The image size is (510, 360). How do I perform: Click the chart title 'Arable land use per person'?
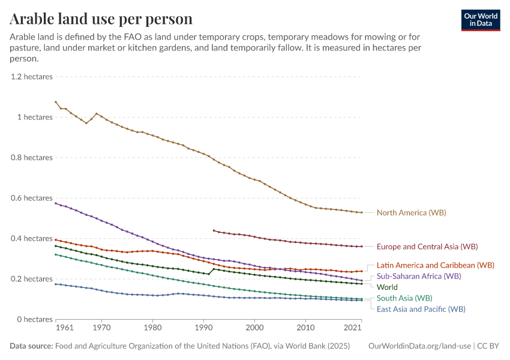(x=101, y=19)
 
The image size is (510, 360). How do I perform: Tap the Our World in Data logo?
(x=480, y=20)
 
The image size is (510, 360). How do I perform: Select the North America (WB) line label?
(x=411, y=212)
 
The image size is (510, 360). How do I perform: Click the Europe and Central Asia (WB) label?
(x=427, y=247)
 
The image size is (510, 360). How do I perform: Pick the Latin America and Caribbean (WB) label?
(x=435, y=265)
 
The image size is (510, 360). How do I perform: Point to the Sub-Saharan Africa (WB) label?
(x=418, y=276)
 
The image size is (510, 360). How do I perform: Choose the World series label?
(x=387, y=287)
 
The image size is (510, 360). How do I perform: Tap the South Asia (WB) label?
(x=404, y=298)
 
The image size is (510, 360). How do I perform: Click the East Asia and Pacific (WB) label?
(x=421, y=309)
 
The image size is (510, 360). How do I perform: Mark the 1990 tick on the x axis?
(x=203, y=328)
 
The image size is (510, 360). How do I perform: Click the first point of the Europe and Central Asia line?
(x=214, y=230)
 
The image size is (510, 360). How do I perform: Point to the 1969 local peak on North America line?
(x=96, y=113)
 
